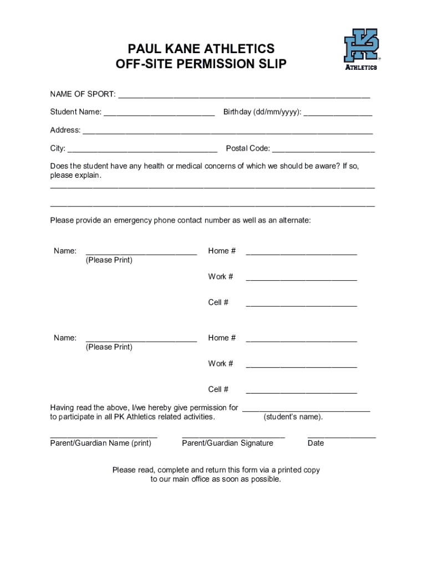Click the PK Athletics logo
[x=361, y=49]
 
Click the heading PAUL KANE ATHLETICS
[x=201, y=49]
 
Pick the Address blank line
[x=227, y=131]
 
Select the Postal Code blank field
[x=323, y=149]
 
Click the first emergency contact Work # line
[x=301, y=277]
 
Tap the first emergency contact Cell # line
[x=301, y=303]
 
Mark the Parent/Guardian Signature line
[x=233, y=435]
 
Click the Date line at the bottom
[x=342, y=435]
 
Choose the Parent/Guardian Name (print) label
[x=100, y=443]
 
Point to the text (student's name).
[x=293, y=417]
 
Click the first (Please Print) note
[x=109, y=260]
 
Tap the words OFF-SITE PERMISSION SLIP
[x=201, y=65]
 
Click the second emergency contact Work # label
[x=221, y=364]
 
